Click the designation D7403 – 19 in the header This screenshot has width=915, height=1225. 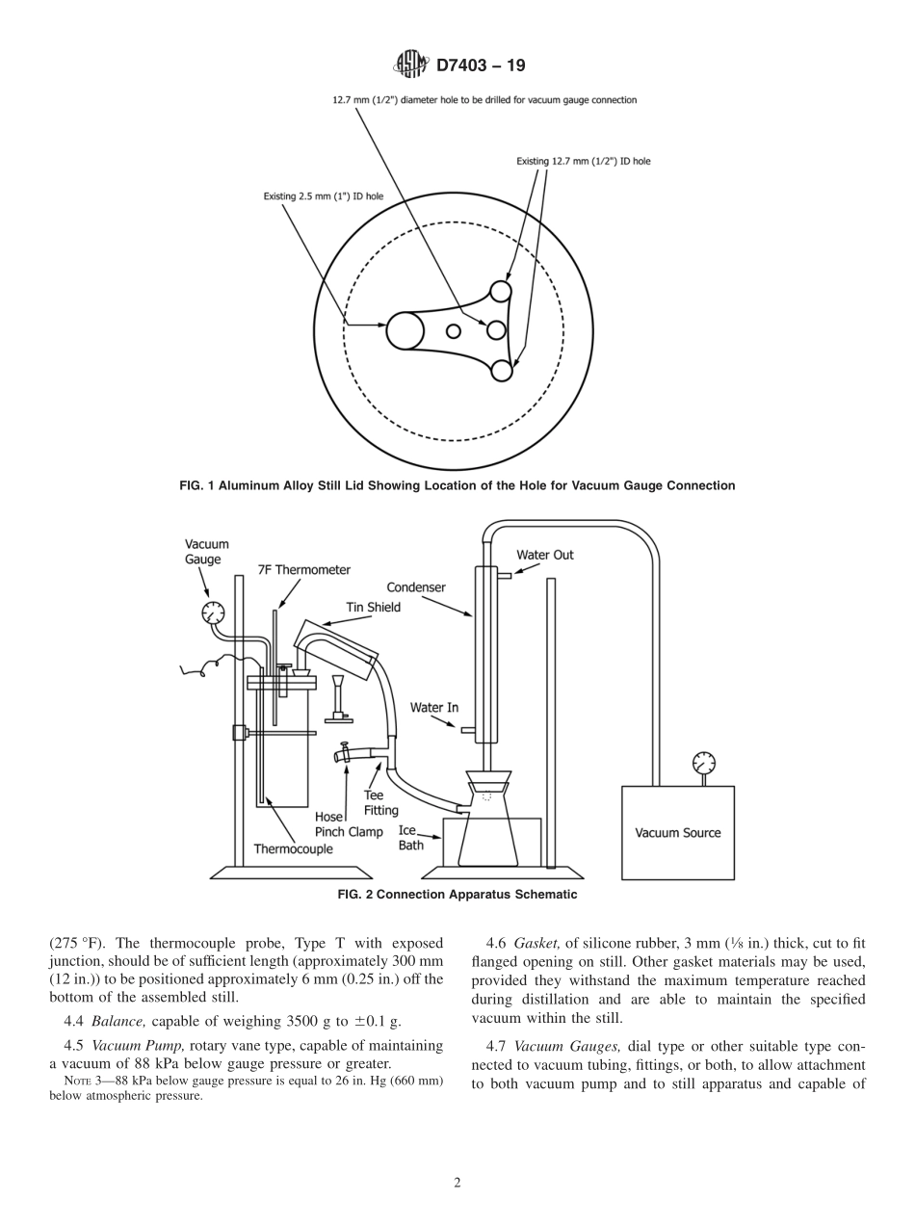(481, 65)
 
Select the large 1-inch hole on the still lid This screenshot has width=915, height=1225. (405, 331)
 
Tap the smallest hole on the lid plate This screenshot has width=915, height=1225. (453, 331)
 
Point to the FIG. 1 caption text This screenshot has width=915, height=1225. (457, 485)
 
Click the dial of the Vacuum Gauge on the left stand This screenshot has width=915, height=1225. (213, 612)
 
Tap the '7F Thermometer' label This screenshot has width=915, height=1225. (303, 570)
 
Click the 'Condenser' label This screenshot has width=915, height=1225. (416, 586)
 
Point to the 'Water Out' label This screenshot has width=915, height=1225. (544, 555)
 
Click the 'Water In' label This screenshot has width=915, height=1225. (433, 708)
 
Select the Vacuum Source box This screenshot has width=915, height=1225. (677, 832)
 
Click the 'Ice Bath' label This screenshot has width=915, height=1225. (410, 838)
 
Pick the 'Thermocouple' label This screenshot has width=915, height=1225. (293, 848)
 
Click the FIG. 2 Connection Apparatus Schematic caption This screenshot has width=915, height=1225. (457, 895)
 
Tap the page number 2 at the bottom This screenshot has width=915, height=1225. (457, 1184)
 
